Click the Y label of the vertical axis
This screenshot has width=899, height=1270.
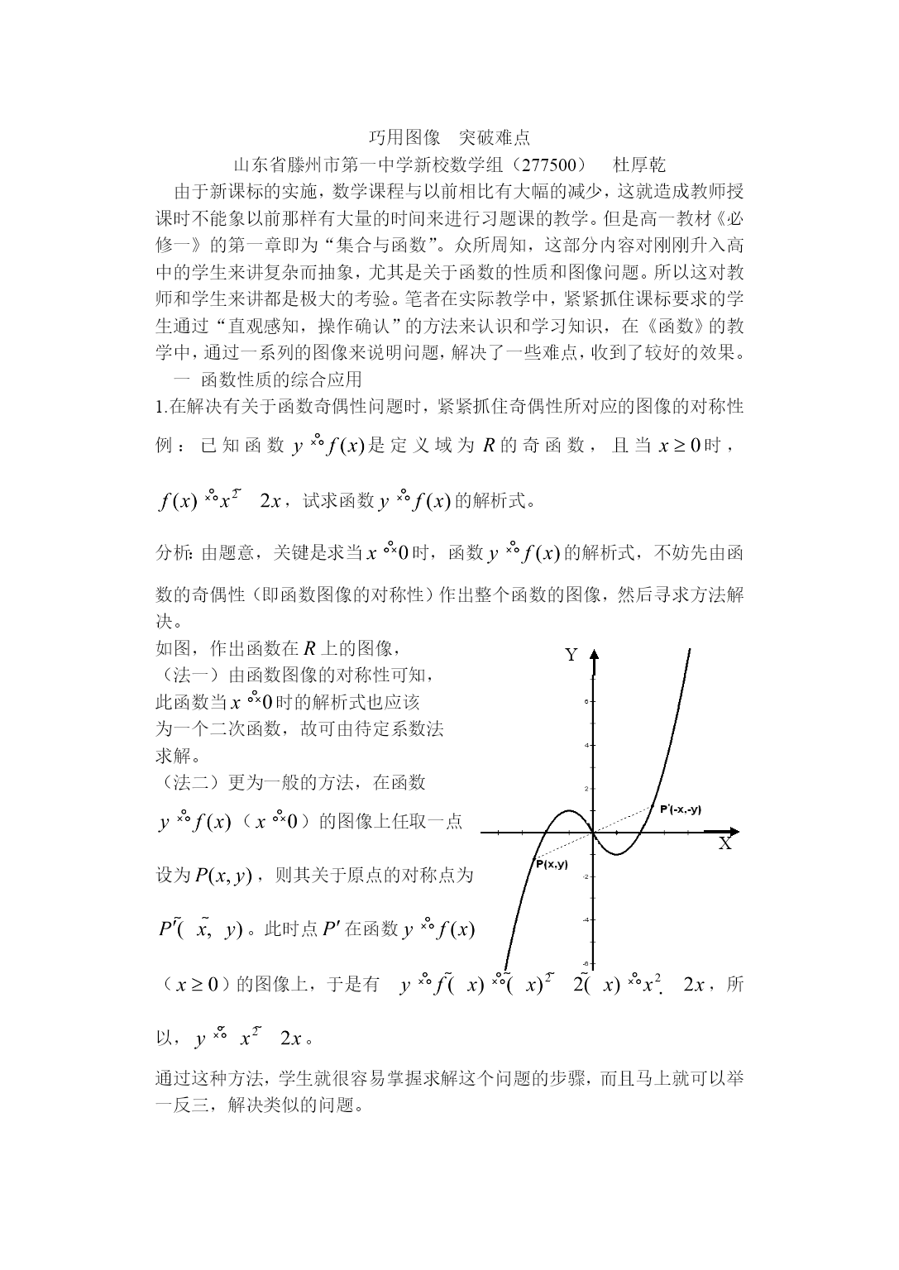coord(571,655)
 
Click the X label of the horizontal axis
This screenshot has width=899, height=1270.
coord(724,844)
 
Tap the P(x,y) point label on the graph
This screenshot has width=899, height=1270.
coord(551,864)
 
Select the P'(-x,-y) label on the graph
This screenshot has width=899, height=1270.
coord(681,809)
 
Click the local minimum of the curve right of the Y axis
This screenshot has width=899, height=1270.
coord(617,853)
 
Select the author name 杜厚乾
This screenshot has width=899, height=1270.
coord(639,165)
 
